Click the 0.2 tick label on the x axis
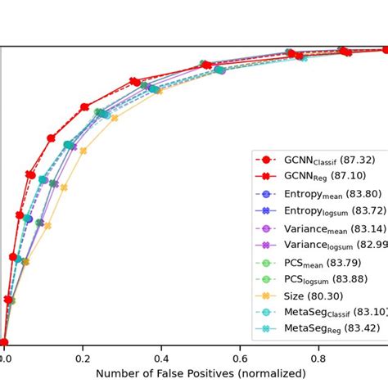[x=83, y=359]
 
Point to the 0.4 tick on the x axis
[x=161, y=359]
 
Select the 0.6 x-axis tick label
[x=240, y=359]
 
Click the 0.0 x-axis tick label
[x=5, y=359]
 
